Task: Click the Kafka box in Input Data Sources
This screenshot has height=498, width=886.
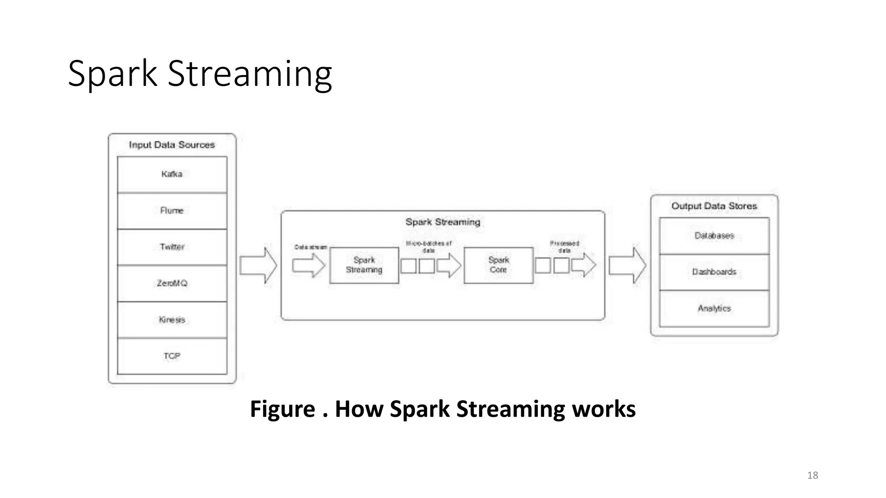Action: tap(172, 174)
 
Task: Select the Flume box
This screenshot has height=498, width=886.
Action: tap(172, 211)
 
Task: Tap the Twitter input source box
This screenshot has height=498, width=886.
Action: tap(172, 247)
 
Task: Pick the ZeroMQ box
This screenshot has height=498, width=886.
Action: tap(172, 283)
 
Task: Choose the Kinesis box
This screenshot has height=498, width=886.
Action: tap(172, 320)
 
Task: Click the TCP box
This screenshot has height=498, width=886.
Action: tap(172, 356)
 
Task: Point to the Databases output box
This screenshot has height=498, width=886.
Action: tap(714, 236)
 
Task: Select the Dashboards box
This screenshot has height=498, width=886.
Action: tap(714, 272)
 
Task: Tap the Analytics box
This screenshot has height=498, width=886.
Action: tap(714, 308)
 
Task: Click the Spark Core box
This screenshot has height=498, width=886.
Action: tap(498, 265)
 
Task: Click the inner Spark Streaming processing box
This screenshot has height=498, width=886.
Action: tap(364, 265)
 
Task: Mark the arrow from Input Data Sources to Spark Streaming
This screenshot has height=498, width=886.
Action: tap(259, 265)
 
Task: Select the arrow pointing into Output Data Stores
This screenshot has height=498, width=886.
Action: tap(627, 265)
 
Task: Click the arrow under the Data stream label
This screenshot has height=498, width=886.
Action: tap(308, 265)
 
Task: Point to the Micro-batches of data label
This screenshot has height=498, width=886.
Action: tap(428, 247)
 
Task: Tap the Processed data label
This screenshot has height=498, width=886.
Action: tap(564, 247)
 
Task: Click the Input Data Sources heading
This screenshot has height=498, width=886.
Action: tap(172, 145)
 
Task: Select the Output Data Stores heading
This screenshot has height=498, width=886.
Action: tap(714, 206)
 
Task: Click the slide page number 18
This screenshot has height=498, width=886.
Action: tap(812, 476)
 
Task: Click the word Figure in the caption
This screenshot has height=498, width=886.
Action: tap(282, 409)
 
